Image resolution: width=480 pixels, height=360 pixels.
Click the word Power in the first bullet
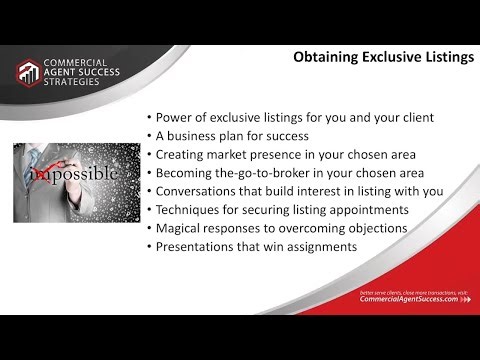coord(174,118)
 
